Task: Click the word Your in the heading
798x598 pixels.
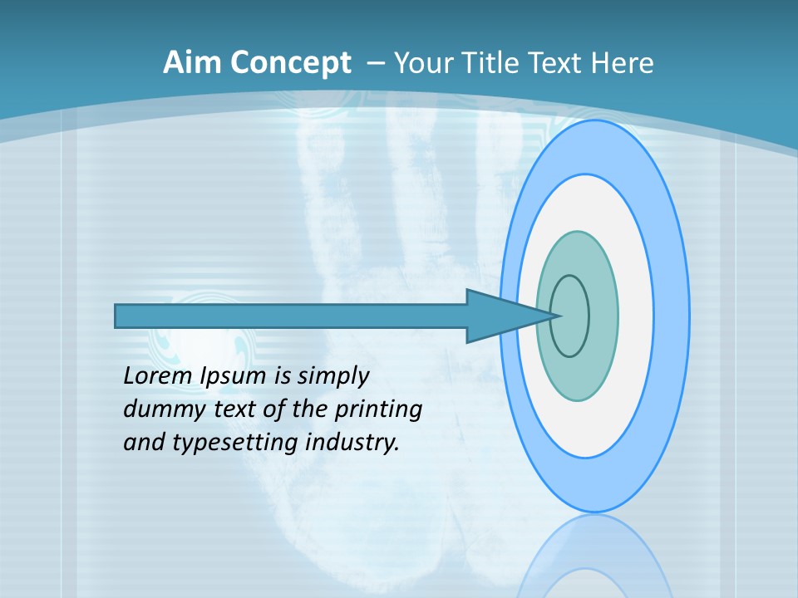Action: tap(422, 63)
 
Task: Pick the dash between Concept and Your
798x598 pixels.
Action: tap(376, 63)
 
